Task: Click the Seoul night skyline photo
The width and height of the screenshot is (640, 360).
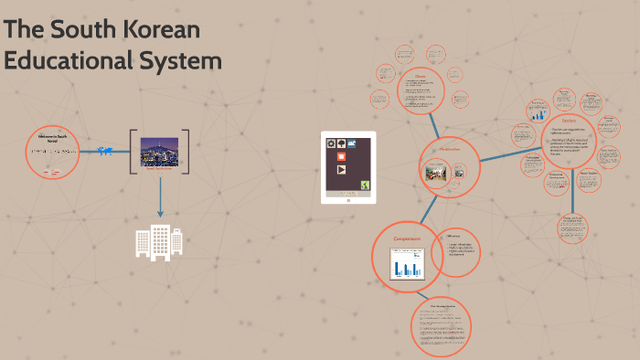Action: point(160,152)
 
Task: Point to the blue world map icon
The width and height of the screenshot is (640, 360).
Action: point(104,151)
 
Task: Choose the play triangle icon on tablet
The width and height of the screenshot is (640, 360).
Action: point(341,170)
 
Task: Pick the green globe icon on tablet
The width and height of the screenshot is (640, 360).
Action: point(363,186)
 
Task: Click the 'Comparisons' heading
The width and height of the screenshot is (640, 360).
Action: point(406,239)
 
